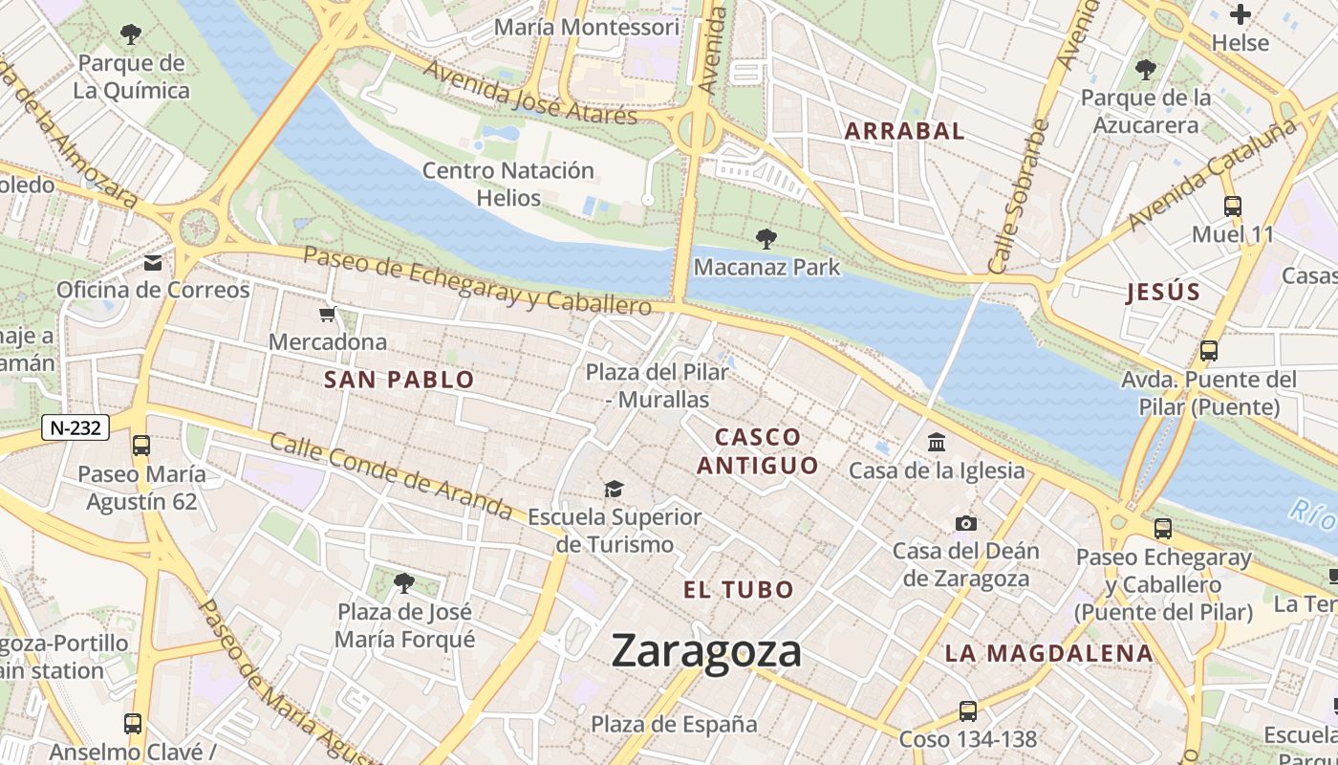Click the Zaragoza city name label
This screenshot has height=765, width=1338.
[x=706, y=651]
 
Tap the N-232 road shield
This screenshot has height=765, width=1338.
[x=76, y=427]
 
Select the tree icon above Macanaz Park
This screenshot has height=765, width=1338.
[x=766, y=239]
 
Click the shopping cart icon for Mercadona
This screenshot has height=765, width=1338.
[x=328, y=315]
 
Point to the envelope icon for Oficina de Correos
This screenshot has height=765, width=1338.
[x=153, y=263]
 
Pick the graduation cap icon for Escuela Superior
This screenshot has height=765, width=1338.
[x=614, y=490]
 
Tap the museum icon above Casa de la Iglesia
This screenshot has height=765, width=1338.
[x=937, y=443]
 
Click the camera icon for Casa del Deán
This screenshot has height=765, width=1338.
[x=966, y=523]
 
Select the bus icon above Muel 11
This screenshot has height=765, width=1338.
[x=1233, y=206]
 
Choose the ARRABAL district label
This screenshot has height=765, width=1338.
[x=904, y=132]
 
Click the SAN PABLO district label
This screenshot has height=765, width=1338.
[x=399, y=380]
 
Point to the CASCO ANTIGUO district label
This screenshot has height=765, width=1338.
[x=758, y=451]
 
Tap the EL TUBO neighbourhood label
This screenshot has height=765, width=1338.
[x=739, y=589]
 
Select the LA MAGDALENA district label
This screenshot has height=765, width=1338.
[x=1049, y=653]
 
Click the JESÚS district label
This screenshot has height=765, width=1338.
[x=1162, y=293]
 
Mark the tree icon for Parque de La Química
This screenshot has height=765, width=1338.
[x=132, y=35]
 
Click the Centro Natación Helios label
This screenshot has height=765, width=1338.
[x=508, y=185]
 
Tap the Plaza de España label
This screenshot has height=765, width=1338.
[x=674, y=724]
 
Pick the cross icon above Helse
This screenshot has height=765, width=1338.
[x=1241, y=14]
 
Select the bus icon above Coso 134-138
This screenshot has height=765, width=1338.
[x=968, y=710]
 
